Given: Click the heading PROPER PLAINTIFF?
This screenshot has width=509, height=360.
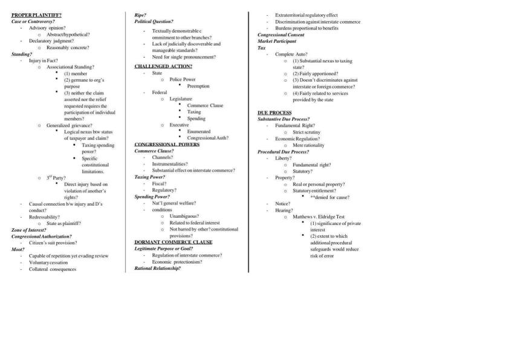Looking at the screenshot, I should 36,15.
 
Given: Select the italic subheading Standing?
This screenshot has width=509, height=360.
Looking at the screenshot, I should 22,54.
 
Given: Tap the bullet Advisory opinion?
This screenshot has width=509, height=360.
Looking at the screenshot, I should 47,28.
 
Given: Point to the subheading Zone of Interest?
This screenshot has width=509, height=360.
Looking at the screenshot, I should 28,230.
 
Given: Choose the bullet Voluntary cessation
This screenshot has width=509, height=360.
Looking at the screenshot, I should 50,263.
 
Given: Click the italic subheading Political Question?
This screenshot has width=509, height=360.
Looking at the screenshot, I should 154,21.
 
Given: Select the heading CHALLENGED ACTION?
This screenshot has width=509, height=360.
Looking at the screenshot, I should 163,66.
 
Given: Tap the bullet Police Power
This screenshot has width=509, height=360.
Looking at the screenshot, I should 183,79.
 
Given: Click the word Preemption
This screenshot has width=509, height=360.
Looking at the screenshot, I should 198,86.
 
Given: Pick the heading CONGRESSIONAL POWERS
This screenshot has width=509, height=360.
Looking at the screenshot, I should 167,145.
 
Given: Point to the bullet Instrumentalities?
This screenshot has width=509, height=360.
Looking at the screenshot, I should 170,164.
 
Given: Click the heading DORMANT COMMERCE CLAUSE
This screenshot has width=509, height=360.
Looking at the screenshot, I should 173,242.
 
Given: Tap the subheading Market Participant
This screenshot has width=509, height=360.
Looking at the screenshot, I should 277,41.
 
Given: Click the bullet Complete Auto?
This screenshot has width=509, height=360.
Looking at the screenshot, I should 291,54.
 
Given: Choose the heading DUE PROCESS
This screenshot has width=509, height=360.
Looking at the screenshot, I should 274,113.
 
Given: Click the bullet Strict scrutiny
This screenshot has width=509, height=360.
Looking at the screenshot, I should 306,132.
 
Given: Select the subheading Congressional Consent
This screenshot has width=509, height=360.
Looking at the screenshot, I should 281,34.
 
